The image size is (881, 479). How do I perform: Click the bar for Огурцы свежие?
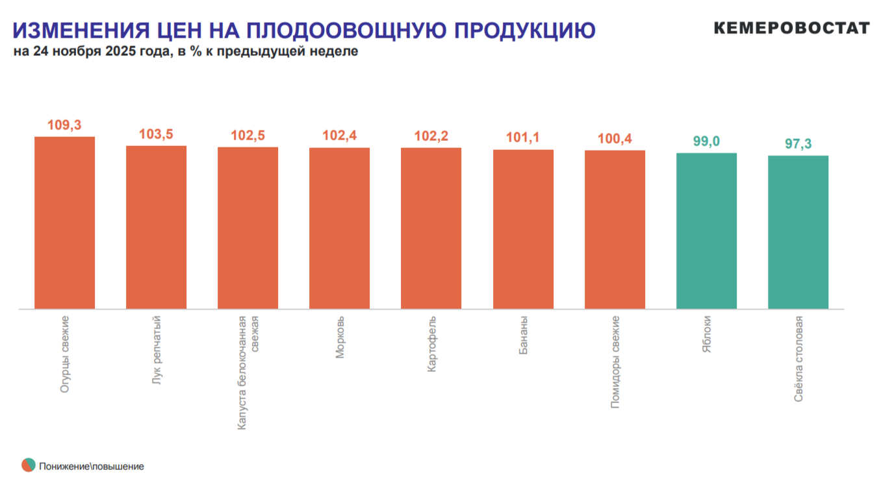(64, 223)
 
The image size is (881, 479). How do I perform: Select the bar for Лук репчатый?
(156, 227)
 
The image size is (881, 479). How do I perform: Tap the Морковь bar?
(339, 228)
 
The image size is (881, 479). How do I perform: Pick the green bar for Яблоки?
(706, 231)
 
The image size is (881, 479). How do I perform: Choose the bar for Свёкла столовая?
(798, 232)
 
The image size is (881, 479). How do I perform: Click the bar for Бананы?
(523, 229)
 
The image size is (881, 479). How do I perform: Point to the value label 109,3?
(64, 125)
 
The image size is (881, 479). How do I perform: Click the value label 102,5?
(248, 136)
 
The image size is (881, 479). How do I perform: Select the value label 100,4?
(615, 139)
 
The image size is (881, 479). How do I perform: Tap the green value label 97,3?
(798, 144)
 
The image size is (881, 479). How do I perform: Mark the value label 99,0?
(706, 141)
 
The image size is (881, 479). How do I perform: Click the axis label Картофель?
(431, 345)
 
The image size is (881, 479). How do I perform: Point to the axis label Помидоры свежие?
(615, 362)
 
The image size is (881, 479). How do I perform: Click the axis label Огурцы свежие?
(65, 354)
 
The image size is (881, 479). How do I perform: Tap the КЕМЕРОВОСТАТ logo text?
(791, 28)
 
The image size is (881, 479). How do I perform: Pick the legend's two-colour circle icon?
(28, 465)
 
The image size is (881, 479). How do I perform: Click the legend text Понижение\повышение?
(91, 466)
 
